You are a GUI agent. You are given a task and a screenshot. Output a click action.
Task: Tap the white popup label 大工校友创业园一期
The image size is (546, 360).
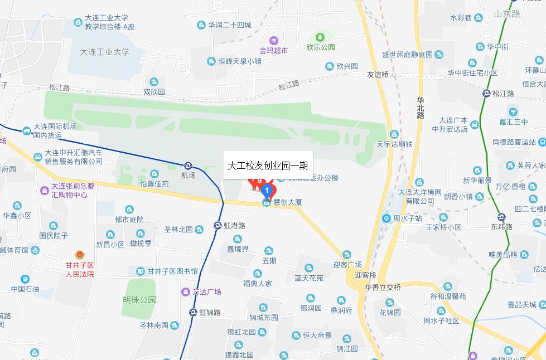[x=268, y=166]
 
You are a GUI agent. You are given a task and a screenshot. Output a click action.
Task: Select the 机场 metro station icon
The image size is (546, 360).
[x=189, y=166]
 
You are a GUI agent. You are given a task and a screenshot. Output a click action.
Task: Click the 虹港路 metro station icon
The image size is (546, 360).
[x=218, y=226]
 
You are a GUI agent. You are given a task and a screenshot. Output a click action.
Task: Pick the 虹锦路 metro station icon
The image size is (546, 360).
[x=193, y=313]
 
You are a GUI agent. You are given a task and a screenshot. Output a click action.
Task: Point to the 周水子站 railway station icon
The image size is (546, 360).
[x=386, y=218]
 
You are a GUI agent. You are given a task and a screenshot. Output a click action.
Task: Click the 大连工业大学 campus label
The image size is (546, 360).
[x=105, y=52]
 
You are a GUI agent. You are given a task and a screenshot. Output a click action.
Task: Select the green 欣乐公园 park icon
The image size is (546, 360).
[x=320, y=37]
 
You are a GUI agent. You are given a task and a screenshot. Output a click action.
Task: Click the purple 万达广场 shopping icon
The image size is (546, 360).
[x=185, y=292]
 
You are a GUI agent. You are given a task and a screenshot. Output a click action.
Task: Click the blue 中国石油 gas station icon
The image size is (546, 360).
[x=25, y=279]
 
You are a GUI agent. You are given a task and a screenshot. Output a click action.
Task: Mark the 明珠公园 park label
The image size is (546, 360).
[x=139, y=300]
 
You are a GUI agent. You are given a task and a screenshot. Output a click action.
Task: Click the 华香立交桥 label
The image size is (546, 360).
[x=383, y=288]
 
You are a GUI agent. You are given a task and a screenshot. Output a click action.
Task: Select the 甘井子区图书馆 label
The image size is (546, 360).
[x=172, y=271]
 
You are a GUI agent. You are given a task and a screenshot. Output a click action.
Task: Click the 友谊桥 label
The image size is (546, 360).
[x=378, y=74]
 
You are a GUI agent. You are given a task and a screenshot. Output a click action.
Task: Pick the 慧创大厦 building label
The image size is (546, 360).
[x=287, y=202]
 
